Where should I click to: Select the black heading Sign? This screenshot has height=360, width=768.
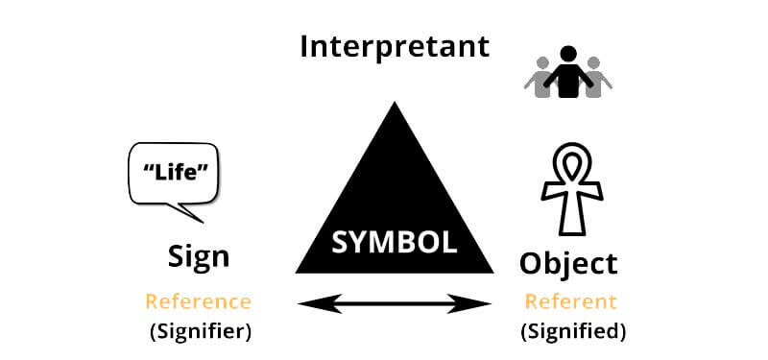point(199,256)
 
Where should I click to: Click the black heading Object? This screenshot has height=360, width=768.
point(568,262)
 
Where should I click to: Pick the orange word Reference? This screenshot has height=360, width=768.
point(198,301)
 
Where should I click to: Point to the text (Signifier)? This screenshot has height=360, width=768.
point(198,332)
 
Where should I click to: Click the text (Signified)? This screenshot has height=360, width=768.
point(573,332)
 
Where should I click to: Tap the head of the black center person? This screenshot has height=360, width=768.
point(569,55)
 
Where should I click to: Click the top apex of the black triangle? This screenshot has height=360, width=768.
point(393,106)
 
